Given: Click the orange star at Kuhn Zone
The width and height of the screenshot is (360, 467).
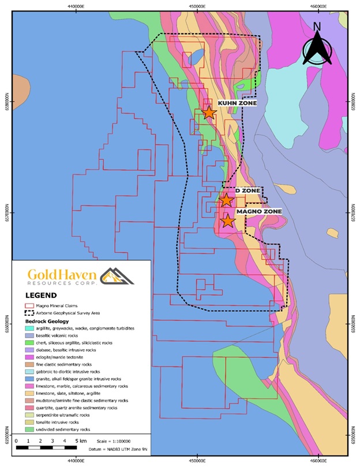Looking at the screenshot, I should tap(208, 113).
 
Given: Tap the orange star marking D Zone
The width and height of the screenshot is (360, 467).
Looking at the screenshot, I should tap(226, 200).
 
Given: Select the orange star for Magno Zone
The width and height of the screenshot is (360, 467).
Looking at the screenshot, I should tap(228, 221).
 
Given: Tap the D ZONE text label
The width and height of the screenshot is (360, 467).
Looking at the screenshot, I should tap(247, 190).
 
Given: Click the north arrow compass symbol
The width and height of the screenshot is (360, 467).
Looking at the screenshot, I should tap(317, 44).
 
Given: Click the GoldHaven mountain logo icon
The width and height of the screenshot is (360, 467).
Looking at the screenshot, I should tap(117, 276).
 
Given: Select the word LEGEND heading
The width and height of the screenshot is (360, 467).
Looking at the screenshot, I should tap(41, 294).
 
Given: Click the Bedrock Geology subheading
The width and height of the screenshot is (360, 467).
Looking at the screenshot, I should tap(47, 320).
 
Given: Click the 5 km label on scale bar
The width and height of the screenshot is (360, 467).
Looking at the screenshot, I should tap(81, 440).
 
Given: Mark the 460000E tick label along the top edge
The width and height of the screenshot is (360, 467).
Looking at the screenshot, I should tap(318, 6).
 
